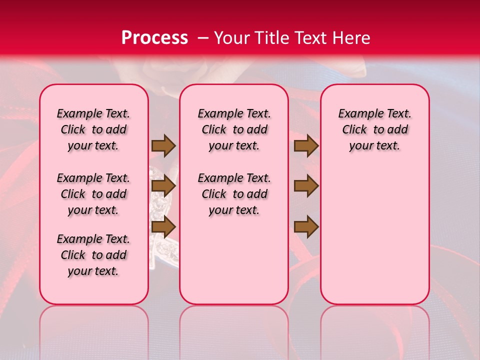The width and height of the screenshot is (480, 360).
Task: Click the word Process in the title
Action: coord(154,38)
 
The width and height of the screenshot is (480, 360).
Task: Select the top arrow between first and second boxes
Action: coord(163,145)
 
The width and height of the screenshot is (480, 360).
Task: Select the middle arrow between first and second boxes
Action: coord(163,186)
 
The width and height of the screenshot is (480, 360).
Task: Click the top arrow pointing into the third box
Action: coord(306,145)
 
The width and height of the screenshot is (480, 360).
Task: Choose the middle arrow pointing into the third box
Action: coord(306,186)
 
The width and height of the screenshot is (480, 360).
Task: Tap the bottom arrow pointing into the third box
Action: coord(306,226)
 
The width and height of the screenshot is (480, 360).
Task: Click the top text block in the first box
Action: coord(93,129)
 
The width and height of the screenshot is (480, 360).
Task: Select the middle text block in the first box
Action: coord(93,194)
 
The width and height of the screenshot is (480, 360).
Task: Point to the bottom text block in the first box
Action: coord(93,255)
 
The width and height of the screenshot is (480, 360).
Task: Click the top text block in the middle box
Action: coord(234,129)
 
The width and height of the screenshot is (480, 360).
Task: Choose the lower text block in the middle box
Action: coord(234,194)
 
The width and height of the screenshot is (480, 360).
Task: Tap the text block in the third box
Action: coord(375,129)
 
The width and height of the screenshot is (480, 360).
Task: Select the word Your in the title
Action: coord(231,38)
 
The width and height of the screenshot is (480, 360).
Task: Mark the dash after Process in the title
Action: coord(203,38)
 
